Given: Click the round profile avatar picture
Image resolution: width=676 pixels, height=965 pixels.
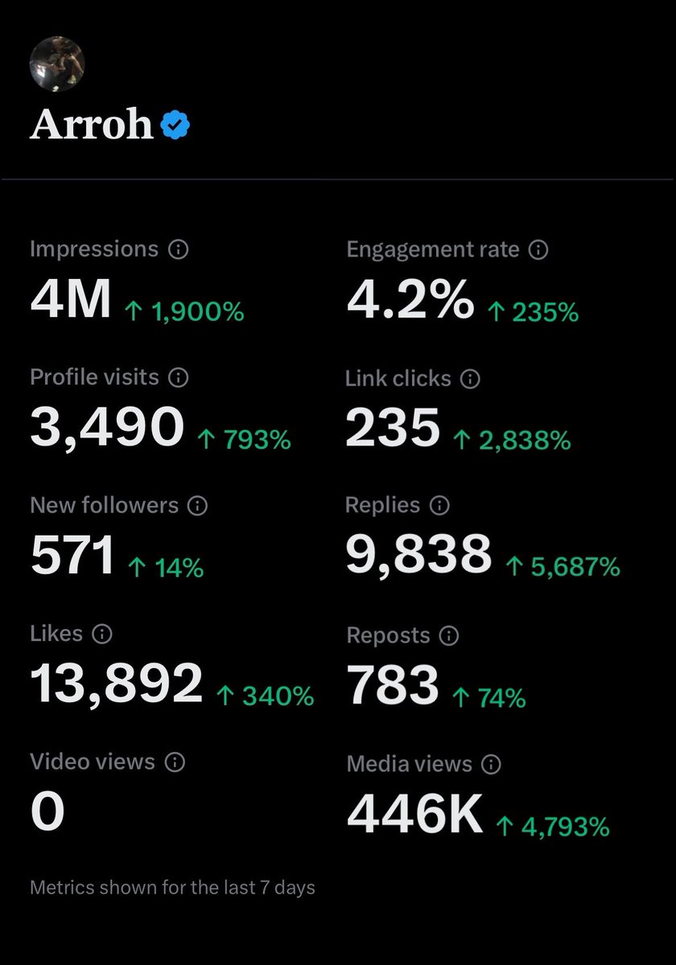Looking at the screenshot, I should tap(56, 64).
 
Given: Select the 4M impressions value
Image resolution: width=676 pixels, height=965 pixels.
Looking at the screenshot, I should tap(70, 301).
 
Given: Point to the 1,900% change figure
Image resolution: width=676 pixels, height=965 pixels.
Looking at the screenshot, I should tap(184, 311).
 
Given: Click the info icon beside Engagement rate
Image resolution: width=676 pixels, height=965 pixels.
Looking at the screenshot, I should tap(538, 250).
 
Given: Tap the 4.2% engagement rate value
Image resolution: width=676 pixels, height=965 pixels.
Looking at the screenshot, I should tap(410, 301).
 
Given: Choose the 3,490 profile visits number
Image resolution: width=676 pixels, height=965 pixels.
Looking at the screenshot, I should tap(107, 428).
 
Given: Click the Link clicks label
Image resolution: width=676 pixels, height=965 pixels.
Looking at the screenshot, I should tap(398, 378).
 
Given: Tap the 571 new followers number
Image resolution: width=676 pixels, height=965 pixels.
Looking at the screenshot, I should tap(72, 556).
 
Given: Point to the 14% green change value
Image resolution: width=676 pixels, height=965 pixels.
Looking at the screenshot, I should tap(166, 569).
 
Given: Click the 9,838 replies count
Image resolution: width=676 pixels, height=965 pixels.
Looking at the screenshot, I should tap(418, 555).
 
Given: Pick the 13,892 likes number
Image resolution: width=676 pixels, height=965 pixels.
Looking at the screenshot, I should tap(117, 684).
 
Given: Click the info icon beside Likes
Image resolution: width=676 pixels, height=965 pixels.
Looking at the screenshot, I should tap(101, 634).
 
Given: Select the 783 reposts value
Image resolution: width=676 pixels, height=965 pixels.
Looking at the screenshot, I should tap(393, 685).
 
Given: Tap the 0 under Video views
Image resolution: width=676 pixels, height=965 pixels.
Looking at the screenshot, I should tap(47, 812).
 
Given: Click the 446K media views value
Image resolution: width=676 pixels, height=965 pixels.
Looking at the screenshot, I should tap(414, 814).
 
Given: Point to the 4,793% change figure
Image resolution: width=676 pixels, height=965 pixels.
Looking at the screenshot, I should tap(553, 826).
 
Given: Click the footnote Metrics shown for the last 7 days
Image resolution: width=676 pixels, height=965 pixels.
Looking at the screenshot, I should tap(172, 888).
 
